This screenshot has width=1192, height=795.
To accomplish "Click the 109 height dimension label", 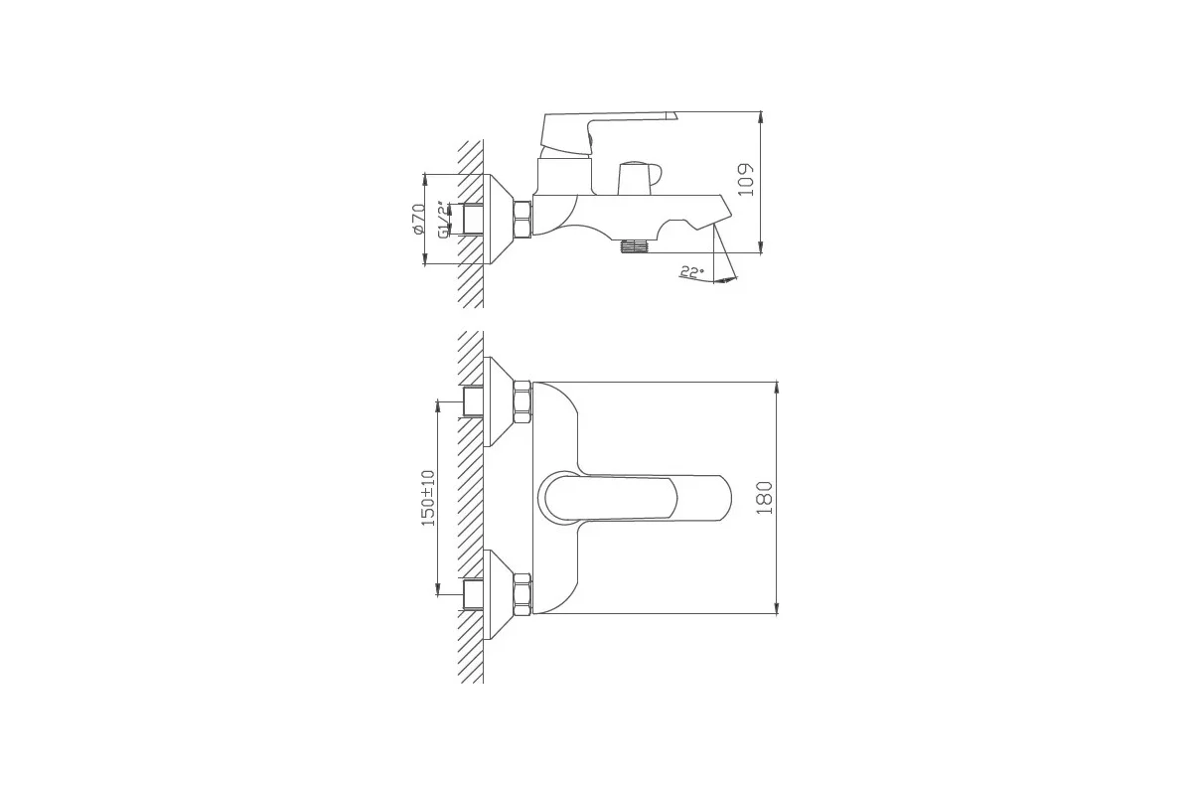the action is pos(747,180).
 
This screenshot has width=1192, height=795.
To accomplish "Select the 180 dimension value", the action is pos(764,498).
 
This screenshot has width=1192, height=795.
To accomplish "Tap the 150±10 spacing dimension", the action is pos(428,498).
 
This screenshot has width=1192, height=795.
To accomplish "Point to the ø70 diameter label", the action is pos(418,219).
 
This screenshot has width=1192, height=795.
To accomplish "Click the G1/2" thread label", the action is pos(443,219).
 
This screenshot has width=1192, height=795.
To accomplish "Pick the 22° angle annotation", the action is pos(691,272).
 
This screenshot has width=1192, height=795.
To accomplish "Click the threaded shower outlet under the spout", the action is pos(634,245).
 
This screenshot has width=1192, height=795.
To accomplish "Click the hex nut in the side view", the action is pos(523,219).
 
